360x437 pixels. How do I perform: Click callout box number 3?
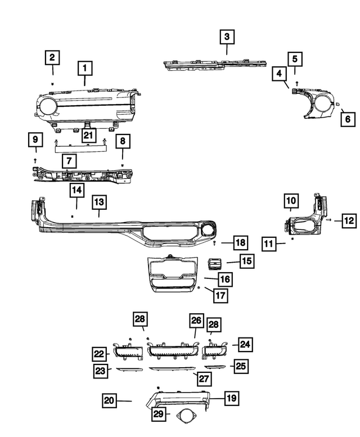(227, 37)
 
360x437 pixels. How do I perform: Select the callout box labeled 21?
(88, 135)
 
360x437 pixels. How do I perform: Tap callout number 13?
(99, 202)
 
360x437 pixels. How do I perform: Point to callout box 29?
(159, 413)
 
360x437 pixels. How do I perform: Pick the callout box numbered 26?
(196, 321)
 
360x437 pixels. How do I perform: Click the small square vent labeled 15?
(215, 264)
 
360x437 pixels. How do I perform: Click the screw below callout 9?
(35, 160)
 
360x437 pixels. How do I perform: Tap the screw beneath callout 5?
(297, 83)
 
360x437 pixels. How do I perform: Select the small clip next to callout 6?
(337, 104)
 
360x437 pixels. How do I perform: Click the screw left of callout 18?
(214, 244)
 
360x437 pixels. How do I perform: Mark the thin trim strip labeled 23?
(129, 370)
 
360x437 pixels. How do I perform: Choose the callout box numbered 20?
(109, 400)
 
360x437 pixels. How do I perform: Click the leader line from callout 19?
(217, 399)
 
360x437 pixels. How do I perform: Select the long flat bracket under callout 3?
(214, 65)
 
